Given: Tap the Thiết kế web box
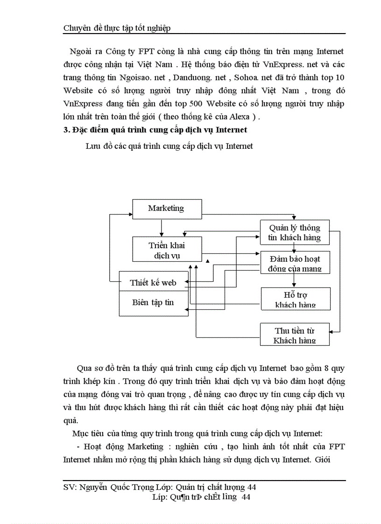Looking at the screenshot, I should [153, 282].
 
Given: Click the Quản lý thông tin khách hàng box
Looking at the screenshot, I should [295, 232].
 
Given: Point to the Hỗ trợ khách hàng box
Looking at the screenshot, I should [295, 299].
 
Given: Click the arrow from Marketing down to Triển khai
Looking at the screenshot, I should [161, 227].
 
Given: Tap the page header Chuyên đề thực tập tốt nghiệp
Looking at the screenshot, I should [117, 28].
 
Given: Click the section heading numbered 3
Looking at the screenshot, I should [155, 130].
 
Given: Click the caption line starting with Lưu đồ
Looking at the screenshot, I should [169, 146].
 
